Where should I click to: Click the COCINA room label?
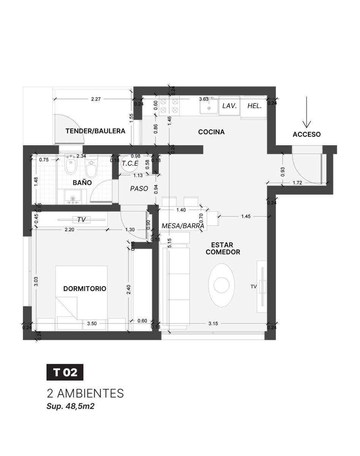point(211,132)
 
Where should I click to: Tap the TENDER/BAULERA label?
point(95,131)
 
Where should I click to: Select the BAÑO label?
point(82,183)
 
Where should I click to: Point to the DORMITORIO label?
point(85,288)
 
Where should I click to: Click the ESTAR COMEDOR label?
point(223,249)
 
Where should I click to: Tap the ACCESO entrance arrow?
point(306,112)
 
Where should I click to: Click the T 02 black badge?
point(65,372)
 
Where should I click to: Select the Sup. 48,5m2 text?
point(70,406)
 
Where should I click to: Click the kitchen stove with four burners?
point(169,106)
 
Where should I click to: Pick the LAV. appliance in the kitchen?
point(229,106)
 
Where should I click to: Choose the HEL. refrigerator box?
point(254,106)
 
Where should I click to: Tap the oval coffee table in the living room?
point(222,285)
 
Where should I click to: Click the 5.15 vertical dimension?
point(169,243)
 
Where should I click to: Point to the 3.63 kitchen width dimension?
point(204,99)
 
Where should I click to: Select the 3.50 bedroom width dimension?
point(92,323)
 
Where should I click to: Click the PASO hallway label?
point(139,188)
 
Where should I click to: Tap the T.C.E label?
point(130,163)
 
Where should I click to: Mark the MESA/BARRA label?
point(183,226)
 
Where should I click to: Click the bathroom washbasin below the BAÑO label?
point(73,196)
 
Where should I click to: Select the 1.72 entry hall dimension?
point(297,183)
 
